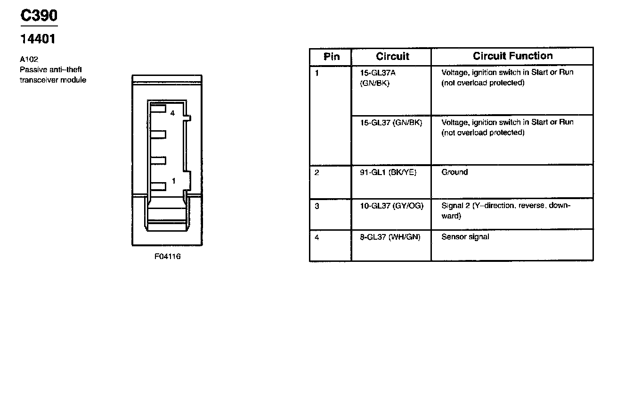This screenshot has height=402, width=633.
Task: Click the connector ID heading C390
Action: point(39,16)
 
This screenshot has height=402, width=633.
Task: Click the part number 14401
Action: point(37,39)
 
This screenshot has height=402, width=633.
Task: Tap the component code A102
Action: point(29,59)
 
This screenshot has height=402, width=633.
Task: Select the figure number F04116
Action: point(167,257)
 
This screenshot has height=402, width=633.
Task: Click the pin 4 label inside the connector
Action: point(172,113)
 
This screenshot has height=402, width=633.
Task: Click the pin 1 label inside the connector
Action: point(173,181)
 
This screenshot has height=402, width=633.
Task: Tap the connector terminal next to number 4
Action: point(159,109)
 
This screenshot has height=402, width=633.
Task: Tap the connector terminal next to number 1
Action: point(159,185)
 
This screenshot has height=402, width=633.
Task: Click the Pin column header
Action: point(332,57)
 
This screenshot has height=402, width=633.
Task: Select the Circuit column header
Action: point(392,57)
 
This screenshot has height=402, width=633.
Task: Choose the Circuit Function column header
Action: point(512,56)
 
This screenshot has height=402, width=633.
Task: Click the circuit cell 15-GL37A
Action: point(378,73)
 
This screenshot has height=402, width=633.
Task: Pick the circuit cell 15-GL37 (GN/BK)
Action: point(391,123)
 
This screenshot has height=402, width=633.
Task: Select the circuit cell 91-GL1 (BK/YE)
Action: point(388,173)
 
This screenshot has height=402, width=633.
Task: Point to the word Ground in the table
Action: point(454,172)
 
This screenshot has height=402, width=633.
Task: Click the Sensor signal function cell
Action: point(465,237)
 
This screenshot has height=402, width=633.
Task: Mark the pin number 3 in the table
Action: point(317,206)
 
